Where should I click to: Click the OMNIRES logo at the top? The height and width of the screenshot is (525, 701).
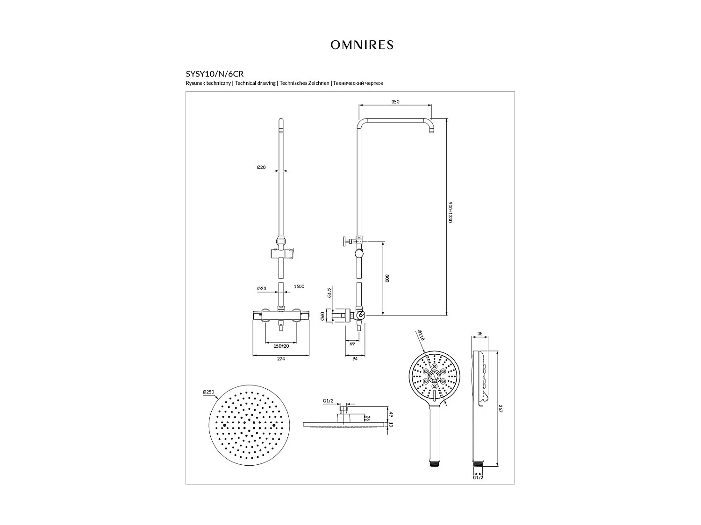362,45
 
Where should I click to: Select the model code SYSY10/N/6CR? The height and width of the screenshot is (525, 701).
215,74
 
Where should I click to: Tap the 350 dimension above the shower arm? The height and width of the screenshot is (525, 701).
395,102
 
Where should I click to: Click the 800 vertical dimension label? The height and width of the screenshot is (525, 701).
387,278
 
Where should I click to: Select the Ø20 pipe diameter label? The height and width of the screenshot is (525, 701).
261,167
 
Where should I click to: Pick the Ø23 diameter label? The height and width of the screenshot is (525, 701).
261,288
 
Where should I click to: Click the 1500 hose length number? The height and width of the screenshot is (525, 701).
299,287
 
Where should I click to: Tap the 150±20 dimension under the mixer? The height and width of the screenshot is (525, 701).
281,346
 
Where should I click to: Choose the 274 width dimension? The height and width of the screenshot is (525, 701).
280,359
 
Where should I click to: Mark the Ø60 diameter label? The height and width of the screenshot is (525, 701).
323,317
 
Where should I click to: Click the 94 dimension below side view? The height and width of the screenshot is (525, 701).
355,359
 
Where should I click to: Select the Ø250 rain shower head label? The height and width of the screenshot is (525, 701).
208,392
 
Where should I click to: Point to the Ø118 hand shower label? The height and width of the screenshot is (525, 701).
421,336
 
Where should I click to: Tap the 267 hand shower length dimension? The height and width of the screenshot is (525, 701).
500,408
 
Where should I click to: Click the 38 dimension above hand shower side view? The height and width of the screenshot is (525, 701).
480,334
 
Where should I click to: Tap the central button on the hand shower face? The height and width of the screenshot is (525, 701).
434,377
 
